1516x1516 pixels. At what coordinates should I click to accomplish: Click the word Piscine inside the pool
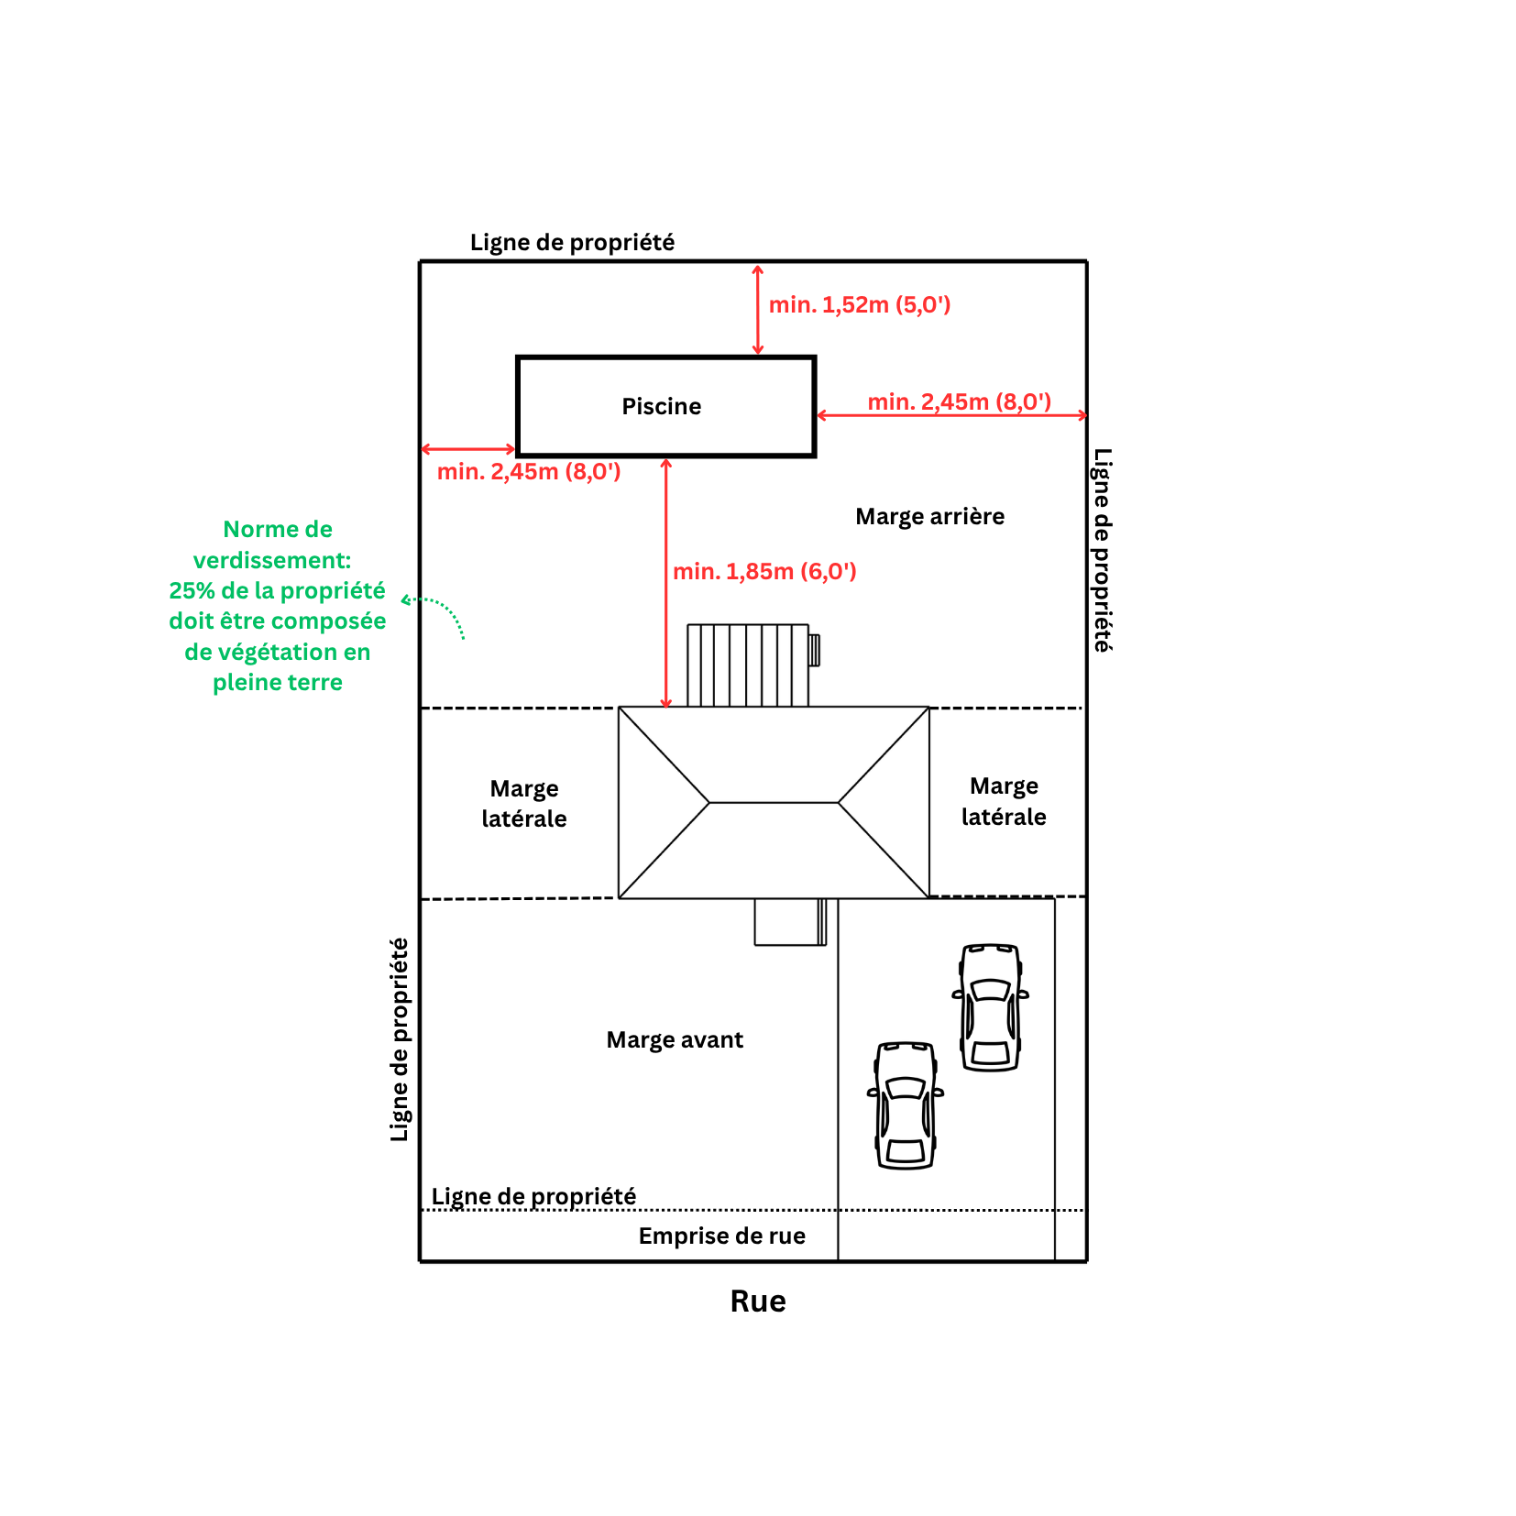661,406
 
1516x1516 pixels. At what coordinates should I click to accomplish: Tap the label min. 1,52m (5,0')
860,304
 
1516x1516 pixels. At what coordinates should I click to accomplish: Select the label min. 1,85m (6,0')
764,571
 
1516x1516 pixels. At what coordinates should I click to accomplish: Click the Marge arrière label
929,516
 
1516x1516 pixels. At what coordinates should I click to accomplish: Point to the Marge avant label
675,1039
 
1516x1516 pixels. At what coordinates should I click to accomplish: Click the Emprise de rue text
721,1236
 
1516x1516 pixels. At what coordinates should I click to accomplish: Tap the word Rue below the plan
758,1301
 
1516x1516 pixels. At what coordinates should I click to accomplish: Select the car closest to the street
906,1105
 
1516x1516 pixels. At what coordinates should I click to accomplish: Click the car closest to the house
991,1007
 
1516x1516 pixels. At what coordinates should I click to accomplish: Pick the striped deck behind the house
748,665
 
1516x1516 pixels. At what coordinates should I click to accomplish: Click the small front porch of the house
790,921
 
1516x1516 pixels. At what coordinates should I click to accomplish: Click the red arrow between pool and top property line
757,310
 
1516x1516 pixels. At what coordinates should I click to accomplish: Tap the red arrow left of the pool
468,449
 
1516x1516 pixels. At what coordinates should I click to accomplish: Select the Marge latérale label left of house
524,804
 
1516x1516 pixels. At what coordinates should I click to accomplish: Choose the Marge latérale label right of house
1004,801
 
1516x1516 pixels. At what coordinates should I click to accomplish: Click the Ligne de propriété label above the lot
572,242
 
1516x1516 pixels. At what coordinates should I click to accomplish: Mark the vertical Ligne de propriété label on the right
1103,550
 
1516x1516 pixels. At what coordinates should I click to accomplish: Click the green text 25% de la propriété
277,590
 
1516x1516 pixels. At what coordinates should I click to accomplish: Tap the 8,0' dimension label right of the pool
959,401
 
